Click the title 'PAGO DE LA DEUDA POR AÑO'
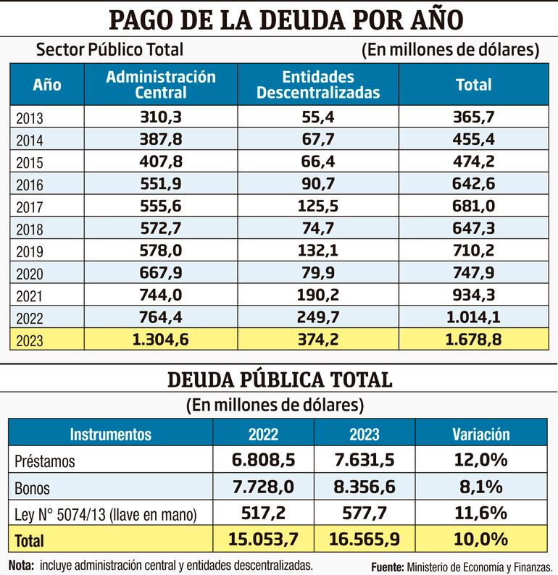click(x=284, y=20)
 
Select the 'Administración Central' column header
click(x=161, y=85)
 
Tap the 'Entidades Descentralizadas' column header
click(x=318, y=85)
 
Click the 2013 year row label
click(x=29, y=117)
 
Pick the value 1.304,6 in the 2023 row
click(x=161, y=339)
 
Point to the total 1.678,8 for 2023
click(x=473, y=339)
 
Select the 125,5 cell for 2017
click(x=318, y=206)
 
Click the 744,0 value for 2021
click(x=161, y=295)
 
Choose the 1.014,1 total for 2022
click(x=473, y=316)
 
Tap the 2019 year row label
click(x=29, y=251)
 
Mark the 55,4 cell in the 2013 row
click(x=318, y=117)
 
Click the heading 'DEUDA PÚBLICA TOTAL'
click(x=280, y=379)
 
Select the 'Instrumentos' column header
click(x=110, y=434)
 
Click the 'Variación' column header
click(x=481, y=434)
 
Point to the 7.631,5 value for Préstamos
click(x=364, y=461)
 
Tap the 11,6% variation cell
click(x=481, y=513)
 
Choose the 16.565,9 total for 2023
click(x=364, y=540)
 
